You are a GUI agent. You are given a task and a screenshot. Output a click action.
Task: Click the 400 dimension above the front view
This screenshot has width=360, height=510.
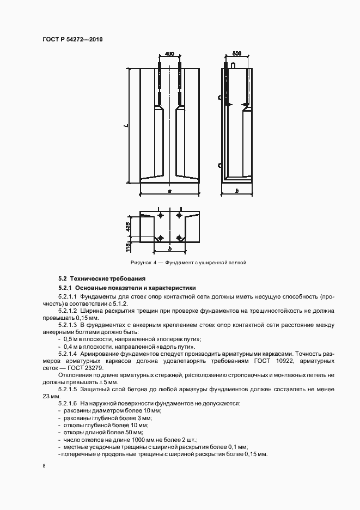(169, 54)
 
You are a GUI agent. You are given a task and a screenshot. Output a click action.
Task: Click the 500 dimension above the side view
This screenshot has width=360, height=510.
(237, 54)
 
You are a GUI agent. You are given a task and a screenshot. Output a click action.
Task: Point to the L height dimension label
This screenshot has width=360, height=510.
(126, 126)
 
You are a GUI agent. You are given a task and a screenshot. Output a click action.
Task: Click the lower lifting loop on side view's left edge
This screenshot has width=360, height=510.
(220, 165)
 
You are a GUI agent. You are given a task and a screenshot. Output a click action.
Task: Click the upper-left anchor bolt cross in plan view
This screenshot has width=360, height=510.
(160, 216)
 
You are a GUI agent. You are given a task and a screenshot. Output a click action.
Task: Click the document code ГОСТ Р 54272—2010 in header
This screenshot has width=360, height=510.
(72, 40)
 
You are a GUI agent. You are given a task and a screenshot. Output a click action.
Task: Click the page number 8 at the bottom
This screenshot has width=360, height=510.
(44, 465)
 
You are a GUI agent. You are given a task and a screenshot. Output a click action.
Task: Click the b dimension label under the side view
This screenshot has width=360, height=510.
(237, 191)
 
